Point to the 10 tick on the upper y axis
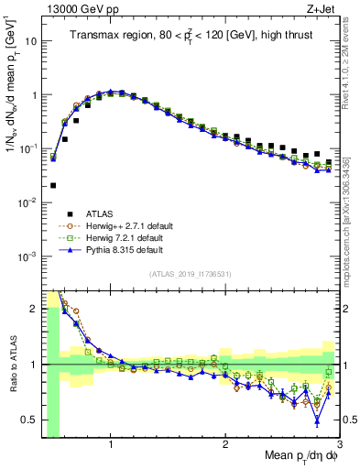click(x=32, y=41)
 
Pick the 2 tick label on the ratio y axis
click(x=34, y=309)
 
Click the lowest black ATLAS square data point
click(x=53, y=185)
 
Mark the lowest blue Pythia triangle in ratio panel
click(x=317, y=421)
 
